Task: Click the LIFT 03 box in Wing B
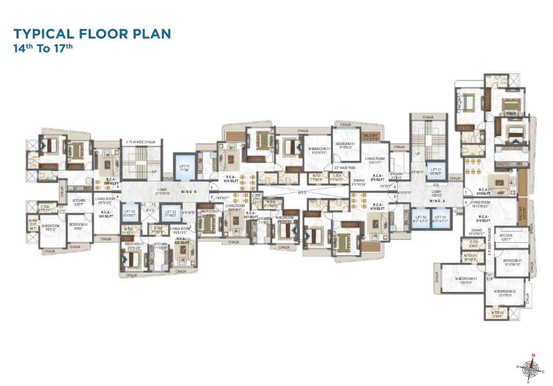point(130,213)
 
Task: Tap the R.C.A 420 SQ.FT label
point(183,241)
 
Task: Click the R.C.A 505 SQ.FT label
point(106,213)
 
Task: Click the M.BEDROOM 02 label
point(506,293)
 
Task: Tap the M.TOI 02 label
point(498,314)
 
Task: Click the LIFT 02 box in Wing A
point(421,221)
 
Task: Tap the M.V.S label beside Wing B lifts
point(150,210)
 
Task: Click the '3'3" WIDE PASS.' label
point(344,167)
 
